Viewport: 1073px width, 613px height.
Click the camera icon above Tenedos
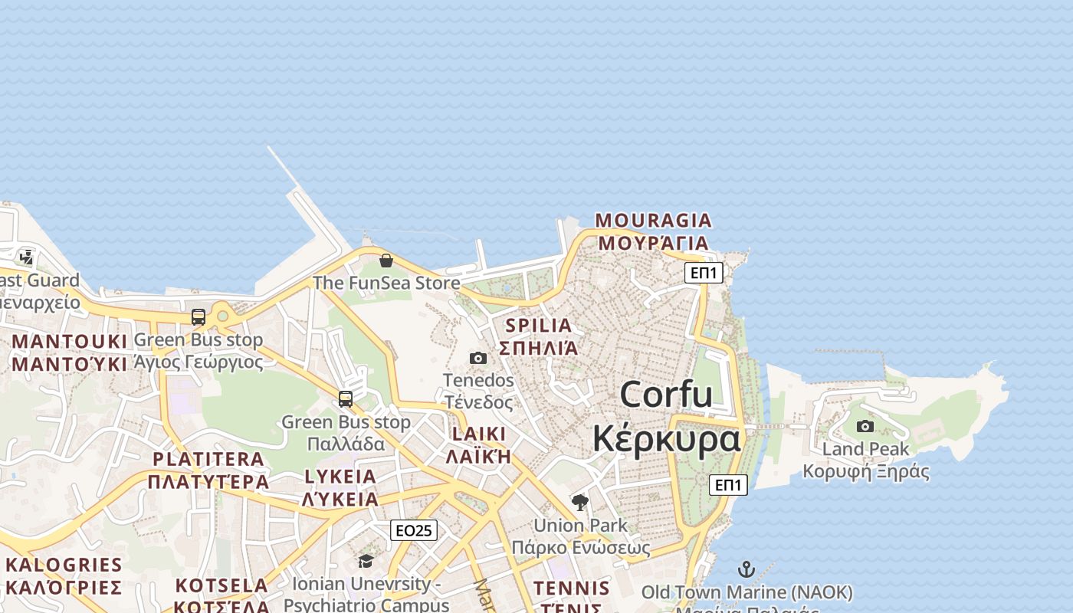point(478,358)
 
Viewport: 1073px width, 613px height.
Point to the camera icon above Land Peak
point(865,426)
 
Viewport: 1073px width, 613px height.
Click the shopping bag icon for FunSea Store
point(386,261)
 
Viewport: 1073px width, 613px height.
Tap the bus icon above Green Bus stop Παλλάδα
point(346,398)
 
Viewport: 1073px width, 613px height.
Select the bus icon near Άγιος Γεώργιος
point(199,316)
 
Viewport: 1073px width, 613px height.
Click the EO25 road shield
point(414,530)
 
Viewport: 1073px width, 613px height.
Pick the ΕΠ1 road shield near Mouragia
point(704,273)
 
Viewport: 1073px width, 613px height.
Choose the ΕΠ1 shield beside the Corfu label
point(728,485)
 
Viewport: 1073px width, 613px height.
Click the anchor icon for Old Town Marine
point(747,569)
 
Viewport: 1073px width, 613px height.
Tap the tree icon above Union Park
point(580,503)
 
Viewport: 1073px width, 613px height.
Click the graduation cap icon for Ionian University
point(366,562)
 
